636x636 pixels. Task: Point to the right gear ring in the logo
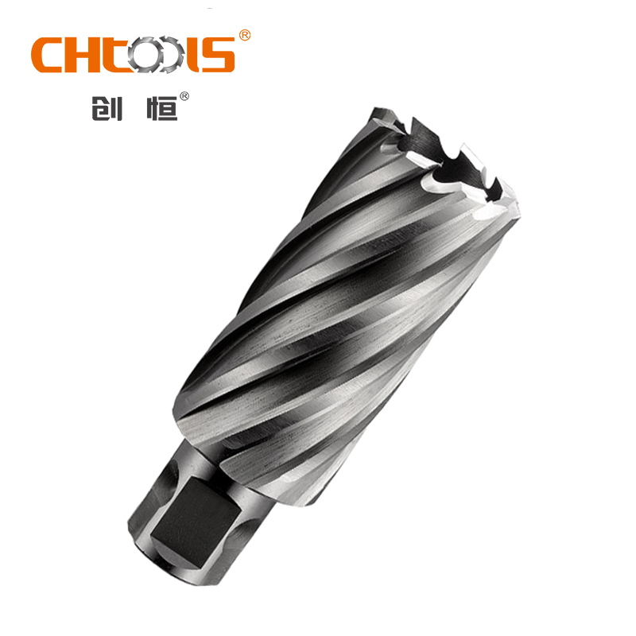(170, 55)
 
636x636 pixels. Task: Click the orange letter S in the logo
(218, 55)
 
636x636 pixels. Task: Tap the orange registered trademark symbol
(245, 35)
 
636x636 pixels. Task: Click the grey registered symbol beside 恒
(184, 96)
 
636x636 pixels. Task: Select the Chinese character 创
(107, 108)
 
